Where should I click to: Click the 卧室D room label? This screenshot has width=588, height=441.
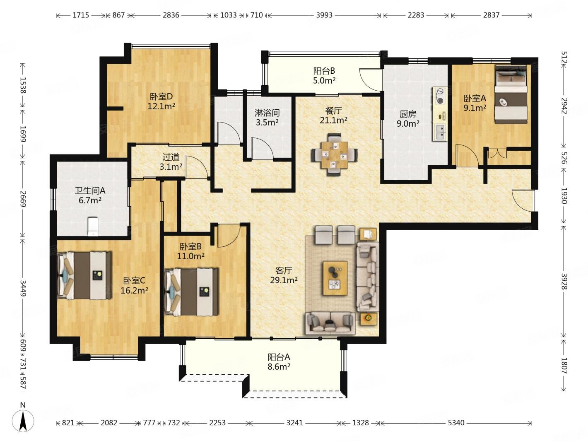point(161,96)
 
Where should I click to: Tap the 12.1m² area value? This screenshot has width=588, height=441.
point(161,106)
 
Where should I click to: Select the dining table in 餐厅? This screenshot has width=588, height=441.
point(334,154)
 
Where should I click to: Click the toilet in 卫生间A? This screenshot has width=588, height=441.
point(93,227)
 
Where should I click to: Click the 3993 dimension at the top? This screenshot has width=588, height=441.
point(324,15)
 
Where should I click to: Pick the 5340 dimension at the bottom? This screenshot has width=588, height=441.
point(456,423)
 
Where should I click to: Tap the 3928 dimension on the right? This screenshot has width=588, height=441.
point(564,282)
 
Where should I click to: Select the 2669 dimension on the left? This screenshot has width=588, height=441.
point(22,199)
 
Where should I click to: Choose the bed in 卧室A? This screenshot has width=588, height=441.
point(511,94)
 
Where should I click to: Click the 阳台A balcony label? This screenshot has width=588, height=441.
point(279,357)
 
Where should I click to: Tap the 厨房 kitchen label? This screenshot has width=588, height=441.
point(408,114)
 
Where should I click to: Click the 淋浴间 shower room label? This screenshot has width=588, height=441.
point(267,113)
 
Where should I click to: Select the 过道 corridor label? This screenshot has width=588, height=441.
point(171,157)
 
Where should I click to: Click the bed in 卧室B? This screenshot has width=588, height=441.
point(191,292)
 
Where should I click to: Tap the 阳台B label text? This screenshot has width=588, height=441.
point(324,71)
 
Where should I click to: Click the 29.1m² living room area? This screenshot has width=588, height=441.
point(284,280)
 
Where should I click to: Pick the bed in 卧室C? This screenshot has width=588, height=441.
point(84,275)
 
